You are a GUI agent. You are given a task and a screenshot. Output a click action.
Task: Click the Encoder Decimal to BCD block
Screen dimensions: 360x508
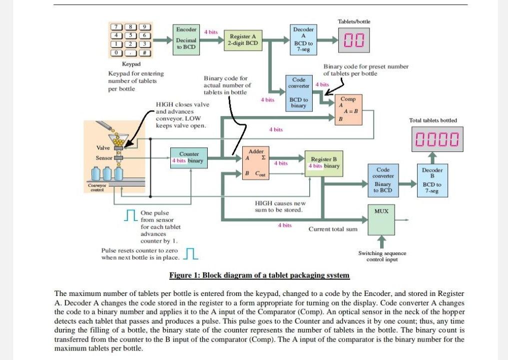click(186, 38)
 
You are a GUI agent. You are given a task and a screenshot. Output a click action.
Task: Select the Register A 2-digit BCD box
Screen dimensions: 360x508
click(243, 39)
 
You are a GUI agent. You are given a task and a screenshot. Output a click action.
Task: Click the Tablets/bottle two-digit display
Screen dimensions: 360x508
click(354, 41)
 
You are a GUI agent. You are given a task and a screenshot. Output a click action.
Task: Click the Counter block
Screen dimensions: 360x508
click(189, 157)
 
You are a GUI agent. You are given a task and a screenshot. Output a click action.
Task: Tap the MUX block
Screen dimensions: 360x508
click(381, 219)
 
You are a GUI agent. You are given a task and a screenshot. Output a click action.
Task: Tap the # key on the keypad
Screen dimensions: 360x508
click(145, 53)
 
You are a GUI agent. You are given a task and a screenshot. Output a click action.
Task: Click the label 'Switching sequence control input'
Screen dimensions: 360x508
click(382, 256)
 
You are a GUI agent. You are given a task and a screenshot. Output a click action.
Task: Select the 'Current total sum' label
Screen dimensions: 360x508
click(333, 229)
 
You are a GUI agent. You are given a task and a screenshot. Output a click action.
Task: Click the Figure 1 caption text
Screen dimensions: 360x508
click(259, 275)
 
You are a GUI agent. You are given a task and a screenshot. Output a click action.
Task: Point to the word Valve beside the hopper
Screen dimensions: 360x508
click(103, 148)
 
